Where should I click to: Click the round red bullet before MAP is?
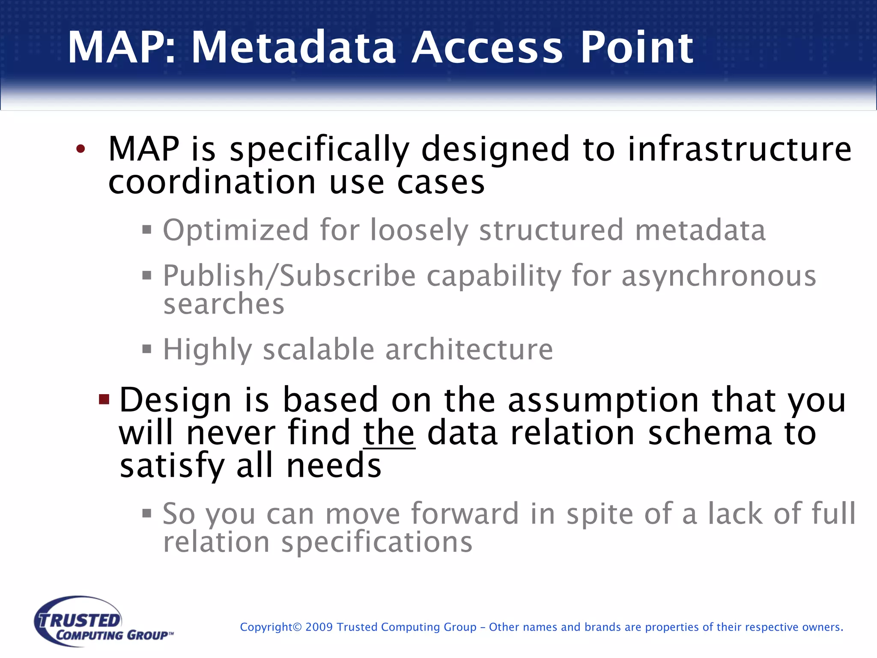click(x=81, y=149)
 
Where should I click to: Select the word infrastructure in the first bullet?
click(x=740, y=149)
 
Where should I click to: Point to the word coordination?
click(x=212, y=182)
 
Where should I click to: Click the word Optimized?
click(x=236, y=230)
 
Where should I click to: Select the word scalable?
click(x=319, y=350)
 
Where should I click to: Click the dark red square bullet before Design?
click(x=104, y=400)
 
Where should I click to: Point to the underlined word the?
click(x=389, y=433)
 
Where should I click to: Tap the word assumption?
click(x=603, y=400)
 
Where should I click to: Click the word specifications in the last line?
click(x=377, y=542)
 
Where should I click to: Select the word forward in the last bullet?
click(x=465, y=514)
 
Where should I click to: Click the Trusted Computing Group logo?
click(x=103, y=621)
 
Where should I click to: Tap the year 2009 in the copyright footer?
click(x=319, y=627)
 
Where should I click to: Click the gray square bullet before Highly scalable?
click(x=147, y=349)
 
